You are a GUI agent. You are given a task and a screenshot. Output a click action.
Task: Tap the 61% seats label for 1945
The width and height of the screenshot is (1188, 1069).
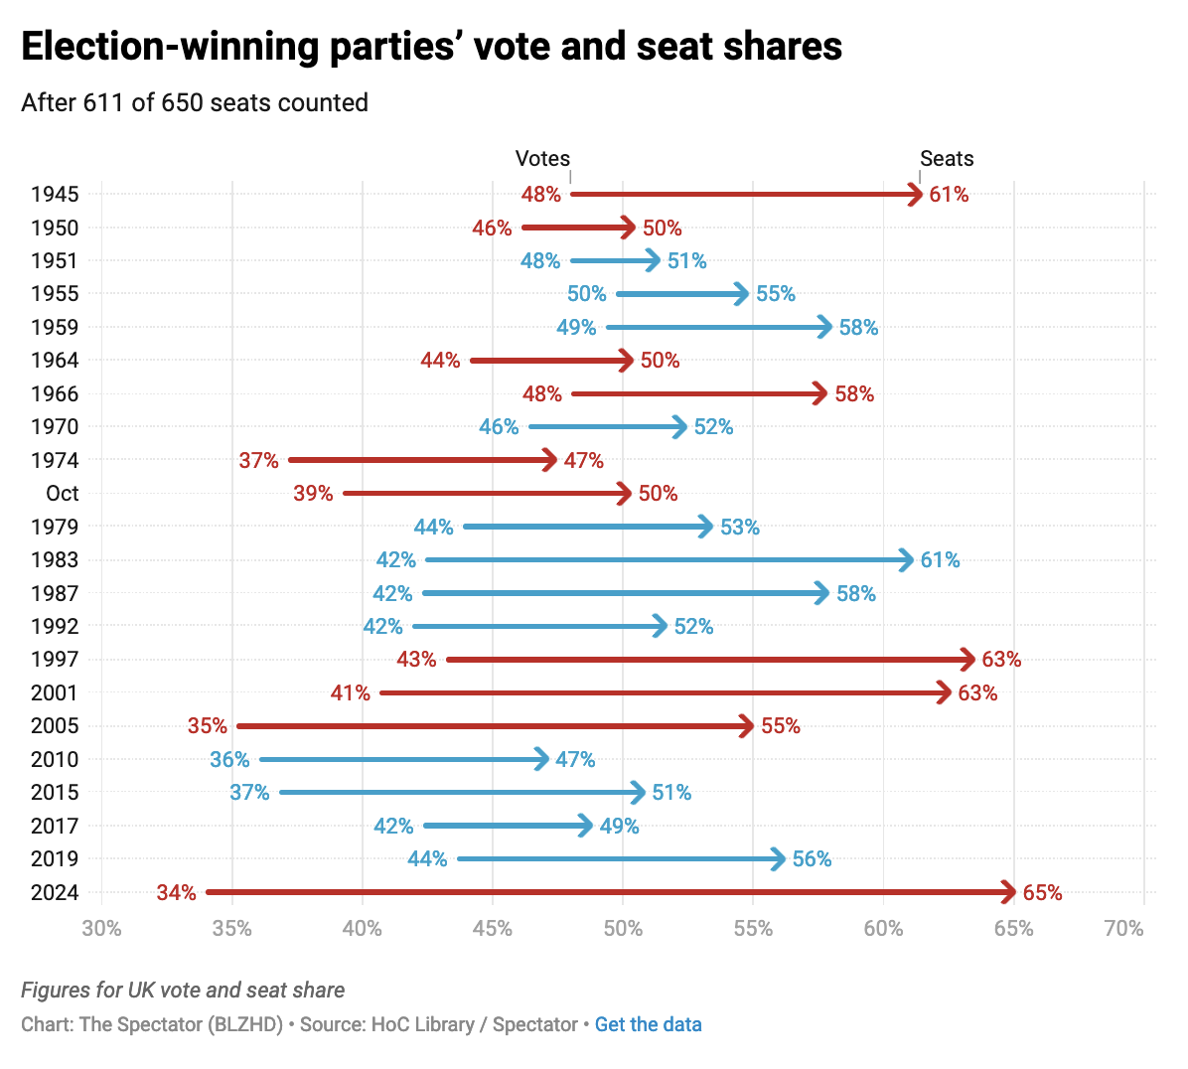click(x=949, y=195)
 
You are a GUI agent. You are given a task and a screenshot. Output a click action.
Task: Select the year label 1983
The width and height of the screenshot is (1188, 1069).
click(x=55, y=560)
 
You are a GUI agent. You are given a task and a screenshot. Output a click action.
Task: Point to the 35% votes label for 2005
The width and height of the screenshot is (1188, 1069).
click(x=208, y=726)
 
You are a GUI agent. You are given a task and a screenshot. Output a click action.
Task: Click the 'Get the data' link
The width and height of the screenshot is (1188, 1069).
click(x=648, y=1024)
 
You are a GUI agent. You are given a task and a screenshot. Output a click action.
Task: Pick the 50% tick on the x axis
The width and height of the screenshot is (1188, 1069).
click(x=623, y=929)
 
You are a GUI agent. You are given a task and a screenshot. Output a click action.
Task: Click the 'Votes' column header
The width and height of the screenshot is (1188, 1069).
click(x=542, y=159)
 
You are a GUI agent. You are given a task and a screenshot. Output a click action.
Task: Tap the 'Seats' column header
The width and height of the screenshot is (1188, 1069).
click(x=947, y=159)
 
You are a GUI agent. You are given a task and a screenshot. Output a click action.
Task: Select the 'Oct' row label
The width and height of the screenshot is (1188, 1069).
click(x=62, y=494)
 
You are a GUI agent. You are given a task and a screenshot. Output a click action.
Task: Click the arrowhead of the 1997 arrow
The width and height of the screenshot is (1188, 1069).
click(x=969, y=660)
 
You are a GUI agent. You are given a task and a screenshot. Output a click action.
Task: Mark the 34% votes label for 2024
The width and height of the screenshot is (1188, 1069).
click(x=176, y=892)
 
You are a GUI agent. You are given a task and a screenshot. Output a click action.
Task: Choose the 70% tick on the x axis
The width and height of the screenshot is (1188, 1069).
click(x=1124, y=929)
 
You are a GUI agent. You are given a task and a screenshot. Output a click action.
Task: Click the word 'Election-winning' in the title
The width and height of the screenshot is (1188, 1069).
click(x=168, y=47)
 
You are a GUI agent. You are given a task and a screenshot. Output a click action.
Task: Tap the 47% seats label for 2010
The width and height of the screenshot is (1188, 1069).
click(x=575, y=760)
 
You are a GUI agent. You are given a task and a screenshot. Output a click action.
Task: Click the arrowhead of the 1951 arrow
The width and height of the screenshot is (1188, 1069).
click(x=654, y=260)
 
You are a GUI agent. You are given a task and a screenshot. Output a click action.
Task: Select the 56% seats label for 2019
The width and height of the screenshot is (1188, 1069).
click(x=812, y=859)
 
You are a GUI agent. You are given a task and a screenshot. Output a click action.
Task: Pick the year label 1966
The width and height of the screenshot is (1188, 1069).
click(x=55, y=394)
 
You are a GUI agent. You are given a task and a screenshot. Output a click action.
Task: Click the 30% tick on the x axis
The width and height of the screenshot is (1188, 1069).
click(x=101, y=929)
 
